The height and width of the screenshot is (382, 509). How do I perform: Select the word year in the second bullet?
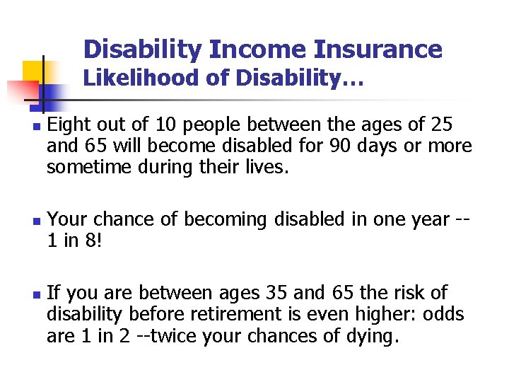tap(422, 220)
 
